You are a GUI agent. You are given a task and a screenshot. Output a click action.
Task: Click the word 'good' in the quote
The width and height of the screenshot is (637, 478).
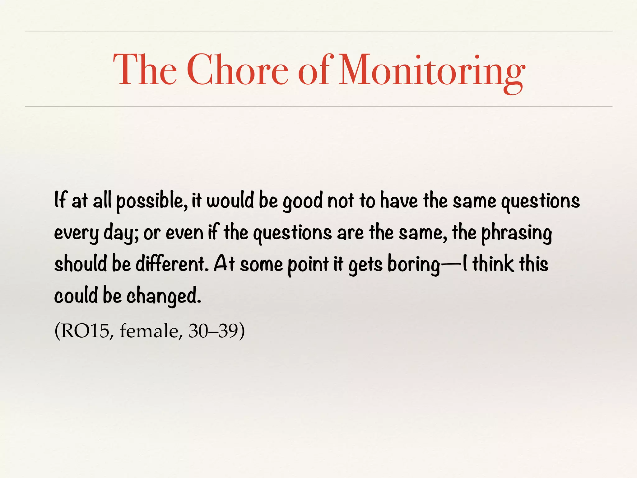tap(303, 202)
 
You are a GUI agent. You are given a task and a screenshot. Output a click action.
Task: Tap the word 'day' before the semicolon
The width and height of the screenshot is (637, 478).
tap(119, 233)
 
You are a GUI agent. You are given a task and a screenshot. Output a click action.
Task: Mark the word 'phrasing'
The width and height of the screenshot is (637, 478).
tap(516, 233)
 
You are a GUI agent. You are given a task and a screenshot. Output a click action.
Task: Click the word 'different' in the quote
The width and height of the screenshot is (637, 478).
tap(172, 264)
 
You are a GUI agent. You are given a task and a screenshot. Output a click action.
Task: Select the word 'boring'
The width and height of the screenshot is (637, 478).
tap(414, 265)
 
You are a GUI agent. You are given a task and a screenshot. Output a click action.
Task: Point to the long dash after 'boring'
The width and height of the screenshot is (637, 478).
tap(451, 264)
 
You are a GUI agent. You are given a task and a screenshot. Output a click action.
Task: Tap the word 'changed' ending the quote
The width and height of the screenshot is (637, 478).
tap(164, 296)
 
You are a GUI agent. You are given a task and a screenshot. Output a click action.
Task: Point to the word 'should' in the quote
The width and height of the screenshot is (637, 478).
tap(81, 264)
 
